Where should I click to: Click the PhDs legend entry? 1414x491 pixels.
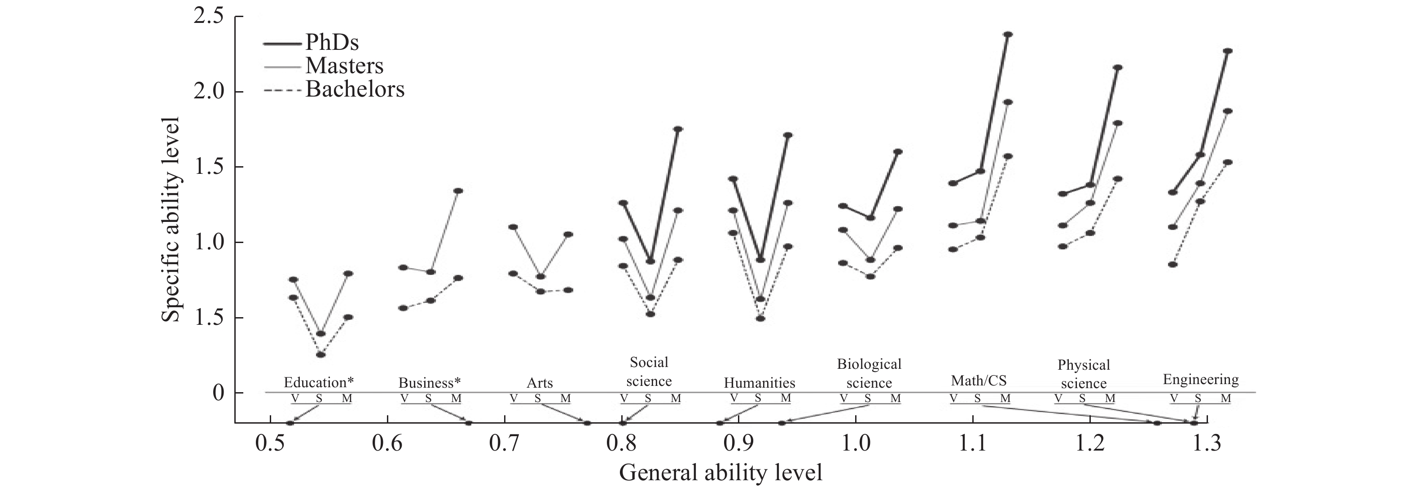[x=332, y=42]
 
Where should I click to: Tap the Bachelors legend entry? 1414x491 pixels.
[x=355, y=89]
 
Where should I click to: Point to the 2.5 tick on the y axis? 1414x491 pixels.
[x=209, y=17]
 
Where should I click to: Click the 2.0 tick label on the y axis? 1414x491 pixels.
[x=209, y=91]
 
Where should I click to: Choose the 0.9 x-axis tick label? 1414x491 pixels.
[x=738, y=442]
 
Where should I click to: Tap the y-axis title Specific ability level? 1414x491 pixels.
[x=170, y=219]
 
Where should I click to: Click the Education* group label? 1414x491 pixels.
[x=318, y=382]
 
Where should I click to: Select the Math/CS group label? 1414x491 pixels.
[x=979, y=380]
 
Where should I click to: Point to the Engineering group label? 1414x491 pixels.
[x=1200, y=380]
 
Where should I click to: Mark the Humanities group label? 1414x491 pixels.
[x=759, y=383]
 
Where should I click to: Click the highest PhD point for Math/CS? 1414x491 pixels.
[x=1008, y=34]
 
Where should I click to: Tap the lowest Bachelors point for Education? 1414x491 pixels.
[x=321, y=355]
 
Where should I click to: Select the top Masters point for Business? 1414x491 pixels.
[x=458, y=190]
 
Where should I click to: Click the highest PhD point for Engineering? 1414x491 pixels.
[x=1228, y=50]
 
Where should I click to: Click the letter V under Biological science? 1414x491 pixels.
[x=843, y=398]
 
